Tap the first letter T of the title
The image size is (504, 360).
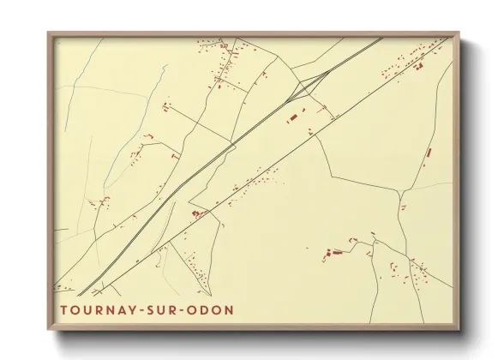pyautogui.click(x=64, y=309)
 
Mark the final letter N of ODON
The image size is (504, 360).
pyautogui.click(x=228, y=309)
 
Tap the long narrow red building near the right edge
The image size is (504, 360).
pyautogui.click(x=429, y=153)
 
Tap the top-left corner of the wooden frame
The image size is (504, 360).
pyautogui.click(x=48, y=33)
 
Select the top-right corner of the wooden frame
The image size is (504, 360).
pyautogui.click(x=460, y=33)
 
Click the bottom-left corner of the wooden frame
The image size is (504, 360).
pyautogui.click(x=48, y=331)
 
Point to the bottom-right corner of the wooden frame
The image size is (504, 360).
pyautogui.click(x=460, y=331)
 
